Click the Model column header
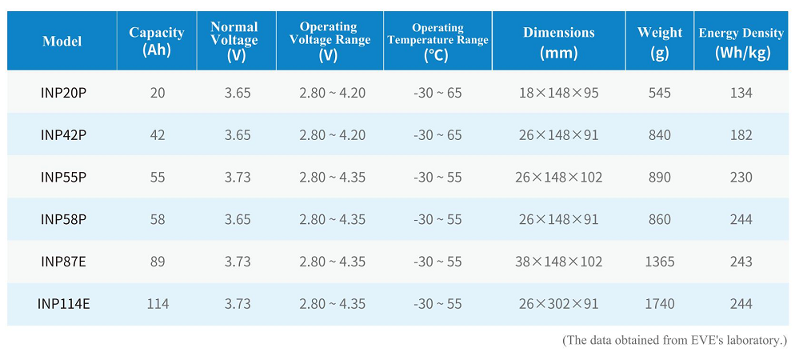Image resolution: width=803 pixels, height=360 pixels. coord(62,41)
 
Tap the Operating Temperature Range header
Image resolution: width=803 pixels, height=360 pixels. coord(437,42)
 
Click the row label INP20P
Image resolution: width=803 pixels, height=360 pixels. coord(62,94)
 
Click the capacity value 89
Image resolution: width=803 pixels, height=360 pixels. coord(158,262)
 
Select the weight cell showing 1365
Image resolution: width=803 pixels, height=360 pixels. coord(660,262)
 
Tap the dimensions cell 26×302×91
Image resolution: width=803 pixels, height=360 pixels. coord(559,304)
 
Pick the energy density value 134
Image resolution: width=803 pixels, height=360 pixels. coord(741,94)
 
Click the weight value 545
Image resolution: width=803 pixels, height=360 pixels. coord(660,94)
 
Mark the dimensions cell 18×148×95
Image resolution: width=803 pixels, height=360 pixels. coord(559,94)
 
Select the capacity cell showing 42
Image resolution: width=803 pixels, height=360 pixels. coord(158,135)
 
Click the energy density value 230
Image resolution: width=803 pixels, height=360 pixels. coord(741,177)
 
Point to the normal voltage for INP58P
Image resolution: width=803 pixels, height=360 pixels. coord(237,219)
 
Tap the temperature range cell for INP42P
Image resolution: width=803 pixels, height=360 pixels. coord(437,135)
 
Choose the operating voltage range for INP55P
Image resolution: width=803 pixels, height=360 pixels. coord(333,177)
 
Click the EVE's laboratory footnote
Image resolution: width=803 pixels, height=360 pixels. coord(674,341)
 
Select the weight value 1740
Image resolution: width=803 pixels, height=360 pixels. coord(660,304)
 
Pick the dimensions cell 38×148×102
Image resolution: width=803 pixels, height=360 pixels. coord(559,262)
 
